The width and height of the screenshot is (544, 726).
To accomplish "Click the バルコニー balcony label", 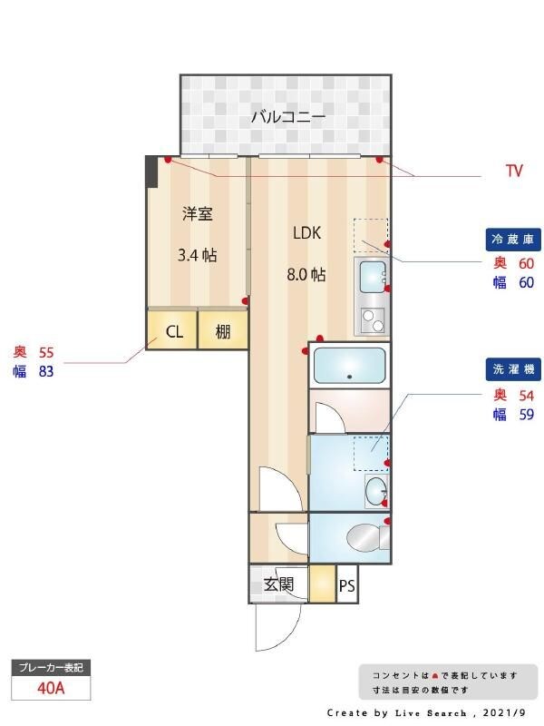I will (287, 117).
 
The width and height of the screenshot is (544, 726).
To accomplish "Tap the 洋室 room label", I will (197, 214).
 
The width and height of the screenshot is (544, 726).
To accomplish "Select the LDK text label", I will (307, 232).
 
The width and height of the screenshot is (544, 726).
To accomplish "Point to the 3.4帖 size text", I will (197, 255).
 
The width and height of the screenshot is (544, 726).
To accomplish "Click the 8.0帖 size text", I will (307, 274).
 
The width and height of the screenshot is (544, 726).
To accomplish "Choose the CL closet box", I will (174, 332).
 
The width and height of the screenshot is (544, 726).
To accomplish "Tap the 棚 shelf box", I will (223, 332).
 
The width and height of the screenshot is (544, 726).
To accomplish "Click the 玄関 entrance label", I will (278, 584).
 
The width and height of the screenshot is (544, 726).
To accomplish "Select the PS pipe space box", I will (346, 586).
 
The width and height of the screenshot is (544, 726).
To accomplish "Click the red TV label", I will (514, 171).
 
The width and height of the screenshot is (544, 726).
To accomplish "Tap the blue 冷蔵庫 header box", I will (514, 240).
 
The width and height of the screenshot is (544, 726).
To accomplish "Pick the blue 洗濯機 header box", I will (514, 370).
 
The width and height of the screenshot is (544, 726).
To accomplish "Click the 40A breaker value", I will (51, 688).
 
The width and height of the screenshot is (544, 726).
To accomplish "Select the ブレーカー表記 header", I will (51, 668).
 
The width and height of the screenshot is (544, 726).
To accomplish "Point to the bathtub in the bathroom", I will (349, 366).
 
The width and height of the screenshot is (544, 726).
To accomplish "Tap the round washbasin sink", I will (375, 492).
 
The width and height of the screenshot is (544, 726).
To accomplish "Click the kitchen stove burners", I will (372, 319).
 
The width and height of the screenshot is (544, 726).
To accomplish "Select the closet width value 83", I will (46, 371).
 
